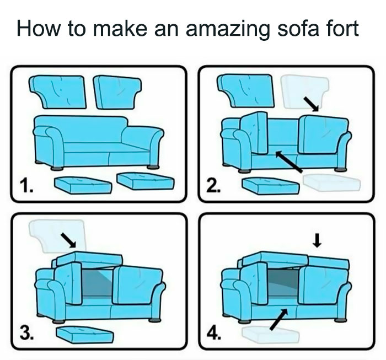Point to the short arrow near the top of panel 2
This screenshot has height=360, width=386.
tap(313, 104)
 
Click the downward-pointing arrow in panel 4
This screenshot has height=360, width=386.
tap(317, 240)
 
